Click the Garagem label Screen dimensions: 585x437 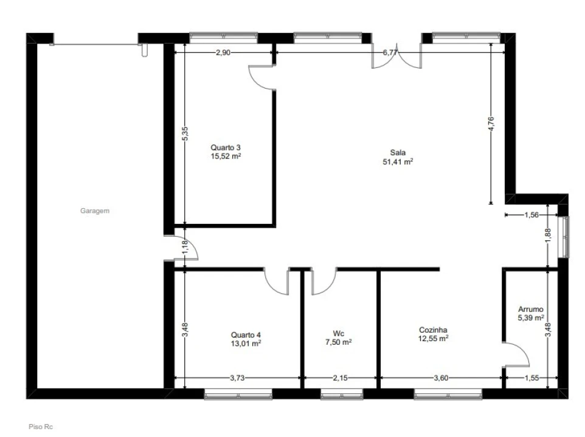[x=95, y=211]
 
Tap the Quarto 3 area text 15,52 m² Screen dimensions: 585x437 [x=226, y=156]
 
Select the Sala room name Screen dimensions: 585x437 [x=398, y=152]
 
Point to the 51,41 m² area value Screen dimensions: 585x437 [x=398, y=161]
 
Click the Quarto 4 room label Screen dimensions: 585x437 [x=246, y=334]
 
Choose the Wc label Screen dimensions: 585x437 [x=338, y=334]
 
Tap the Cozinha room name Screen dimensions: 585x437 [x=433, y=330]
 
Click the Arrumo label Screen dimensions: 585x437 [x=530, y=309]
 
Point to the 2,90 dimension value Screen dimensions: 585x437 [x=223, y=52]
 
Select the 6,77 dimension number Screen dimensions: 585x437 [x=390, y=52]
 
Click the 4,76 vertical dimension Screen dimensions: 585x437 [x=491, y=124]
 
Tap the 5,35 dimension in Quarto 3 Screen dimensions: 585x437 [x=185, y=134]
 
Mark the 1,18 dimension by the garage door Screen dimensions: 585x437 [x=185, y=248]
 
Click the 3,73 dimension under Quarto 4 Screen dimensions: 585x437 [x=237, y=378]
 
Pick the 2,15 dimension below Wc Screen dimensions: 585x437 [x=341, y=378]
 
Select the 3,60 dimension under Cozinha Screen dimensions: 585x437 [x=441, y=378]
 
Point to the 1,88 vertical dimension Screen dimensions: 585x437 [x=548, y=235]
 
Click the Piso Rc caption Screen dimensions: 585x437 [x=41, y=427]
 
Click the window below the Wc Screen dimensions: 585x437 [x=342, y=395]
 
